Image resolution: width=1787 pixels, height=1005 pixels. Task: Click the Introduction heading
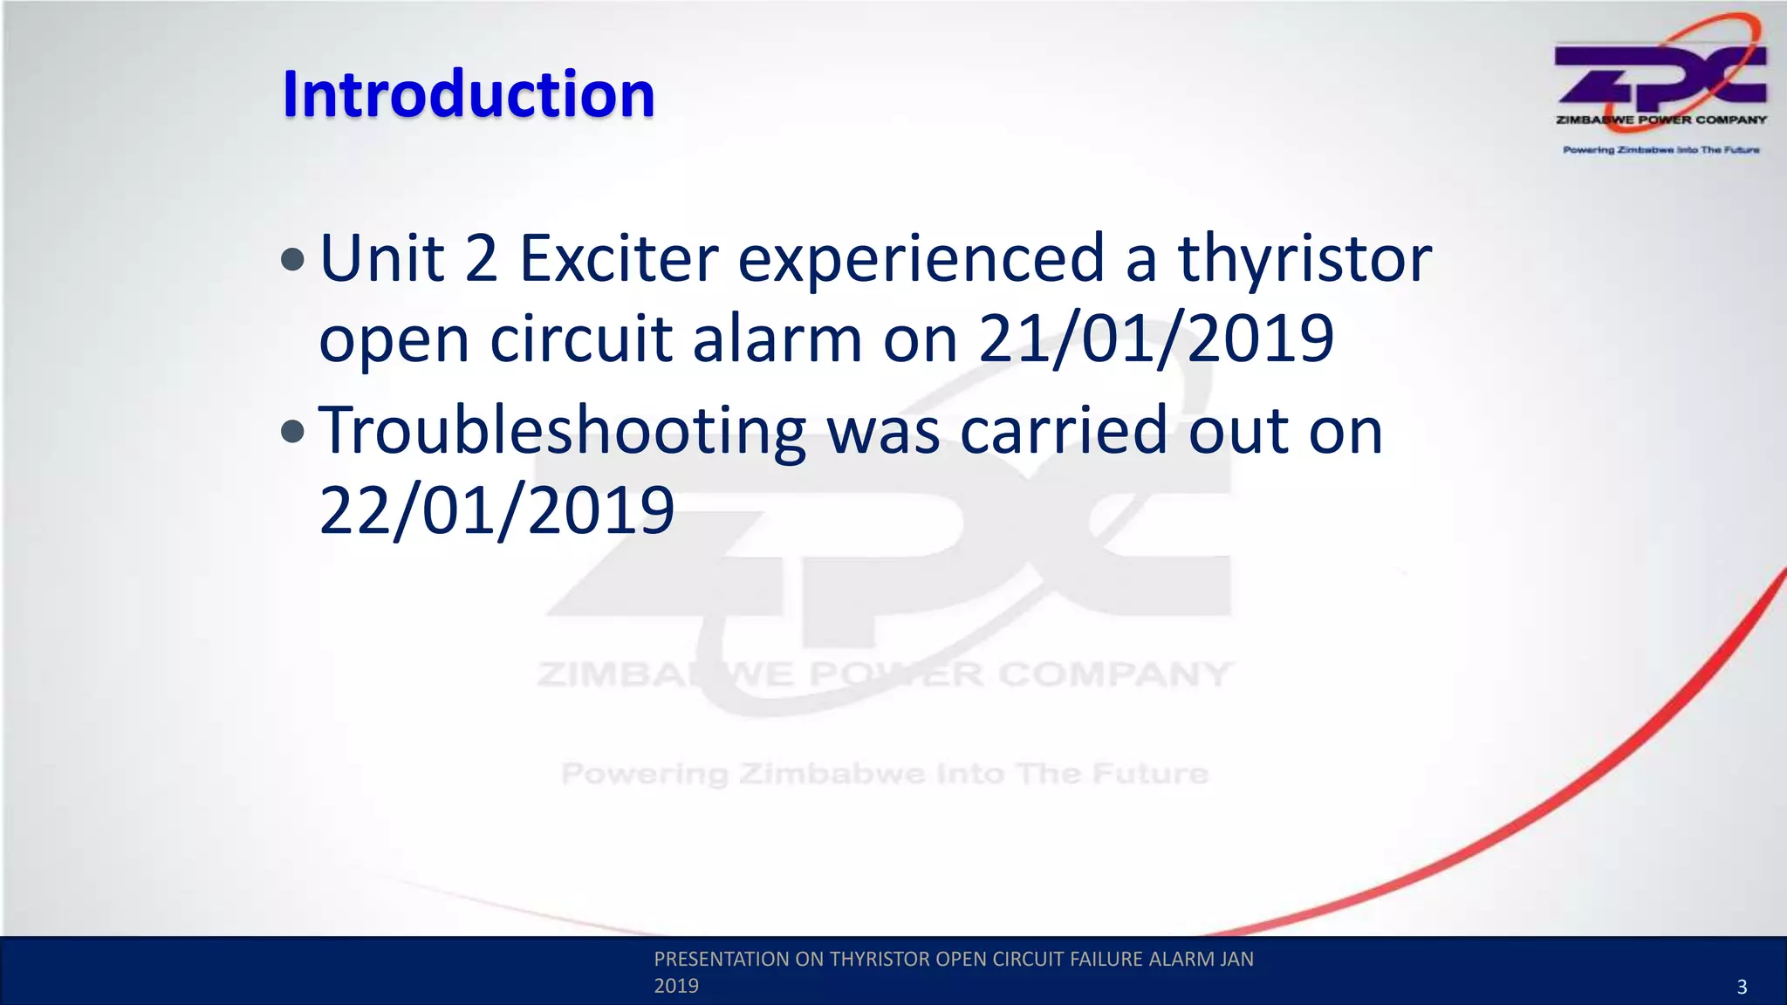click(469, 94)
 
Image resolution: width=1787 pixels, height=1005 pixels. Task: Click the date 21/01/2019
click(1155, 338)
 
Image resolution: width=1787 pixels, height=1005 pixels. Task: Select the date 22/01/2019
click(496, 510)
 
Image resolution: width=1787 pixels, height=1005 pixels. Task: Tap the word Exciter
click(619, 258)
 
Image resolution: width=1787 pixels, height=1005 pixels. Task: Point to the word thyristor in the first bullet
click(1304, 258)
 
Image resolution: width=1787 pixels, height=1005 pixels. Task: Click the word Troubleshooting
click(562, 431)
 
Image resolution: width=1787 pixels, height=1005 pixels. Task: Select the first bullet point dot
click(294, 259)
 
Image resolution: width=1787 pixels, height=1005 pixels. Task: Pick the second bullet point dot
click(294, 431)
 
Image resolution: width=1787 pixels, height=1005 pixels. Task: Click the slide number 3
click(1742, 987)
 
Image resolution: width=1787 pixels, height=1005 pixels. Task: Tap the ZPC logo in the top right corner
click(1660, 74)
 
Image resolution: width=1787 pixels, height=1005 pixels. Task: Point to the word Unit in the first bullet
click(382, 258)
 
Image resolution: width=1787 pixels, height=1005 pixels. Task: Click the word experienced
click(921, 258)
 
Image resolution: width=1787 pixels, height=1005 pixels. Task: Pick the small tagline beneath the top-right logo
click(1660, 150)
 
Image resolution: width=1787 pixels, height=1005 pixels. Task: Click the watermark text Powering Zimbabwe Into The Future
click(884, 773)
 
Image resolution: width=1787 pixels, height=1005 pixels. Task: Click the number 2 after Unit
click(481, 258)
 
